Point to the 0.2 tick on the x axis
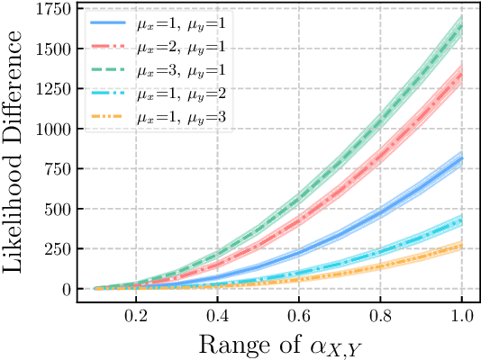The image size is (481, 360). click(x=136, y=318)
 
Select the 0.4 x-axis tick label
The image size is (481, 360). click(x=217, y=318)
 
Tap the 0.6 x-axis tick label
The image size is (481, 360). click(x=299, y=318)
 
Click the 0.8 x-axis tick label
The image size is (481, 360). click(x=380, y=318)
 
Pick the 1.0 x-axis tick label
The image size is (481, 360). click(x=461, y=318)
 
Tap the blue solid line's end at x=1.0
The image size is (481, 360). click(x=461, y=158)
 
